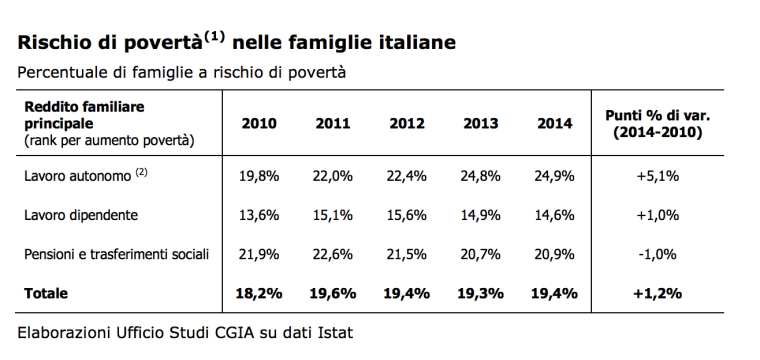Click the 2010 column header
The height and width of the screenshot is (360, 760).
coord(259,124)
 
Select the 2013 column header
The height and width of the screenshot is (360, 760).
coord(481,124)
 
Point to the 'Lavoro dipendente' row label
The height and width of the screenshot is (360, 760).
coord(81,215)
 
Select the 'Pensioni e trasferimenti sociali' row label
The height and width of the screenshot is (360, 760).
coord(117,255)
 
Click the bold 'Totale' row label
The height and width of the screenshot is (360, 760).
coord(48,293)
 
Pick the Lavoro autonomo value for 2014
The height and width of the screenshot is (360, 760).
coord(555,176)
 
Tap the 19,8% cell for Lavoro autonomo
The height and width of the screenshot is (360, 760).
coord(259,176)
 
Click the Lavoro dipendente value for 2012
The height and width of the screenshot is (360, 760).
coord(407,215)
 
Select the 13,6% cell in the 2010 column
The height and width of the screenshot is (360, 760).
coord(259,215)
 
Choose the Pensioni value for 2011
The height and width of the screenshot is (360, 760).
coord(333,255)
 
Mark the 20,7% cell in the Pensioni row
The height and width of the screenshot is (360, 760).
coord(481,255)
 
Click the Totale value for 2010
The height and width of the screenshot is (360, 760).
coord(259,293)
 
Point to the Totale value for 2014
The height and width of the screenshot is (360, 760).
coord(555,293)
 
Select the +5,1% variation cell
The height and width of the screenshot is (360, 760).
coord(657,176)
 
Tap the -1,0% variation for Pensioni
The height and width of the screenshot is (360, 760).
coord(657,255)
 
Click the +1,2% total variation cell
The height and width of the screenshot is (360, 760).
coord(657,293)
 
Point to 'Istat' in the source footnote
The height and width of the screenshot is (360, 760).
coord(334,330)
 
